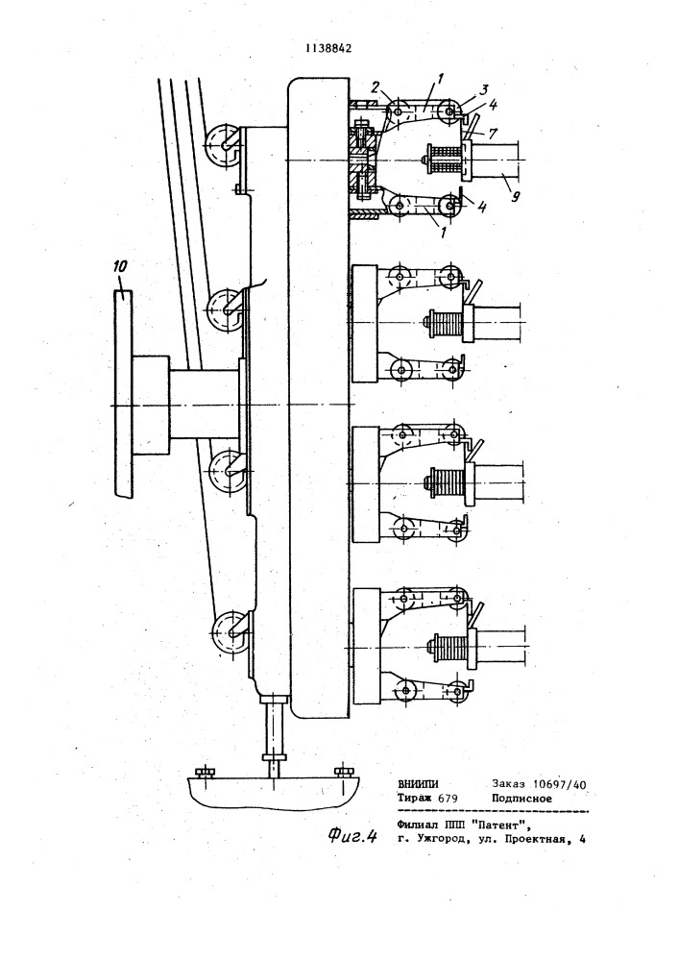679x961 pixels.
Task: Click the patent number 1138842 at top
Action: [x=329, y=50]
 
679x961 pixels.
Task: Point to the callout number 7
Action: [x=494, y=132]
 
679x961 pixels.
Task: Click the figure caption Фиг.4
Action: [x=352, y=836]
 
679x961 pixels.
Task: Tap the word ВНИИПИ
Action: [x=418, y=784]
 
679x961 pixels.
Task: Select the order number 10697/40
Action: [x=560, y=784]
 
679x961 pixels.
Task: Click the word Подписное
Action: [x=521, y=799]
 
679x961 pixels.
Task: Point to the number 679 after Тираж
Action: [x=449, y=799]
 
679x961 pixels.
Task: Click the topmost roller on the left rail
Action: [x=222, y=145]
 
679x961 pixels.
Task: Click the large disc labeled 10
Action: [x=123, y=392]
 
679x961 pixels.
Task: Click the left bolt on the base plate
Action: [x=202, y=771]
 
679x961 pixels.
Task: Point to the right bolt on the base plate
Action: [x=342, y=771]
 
